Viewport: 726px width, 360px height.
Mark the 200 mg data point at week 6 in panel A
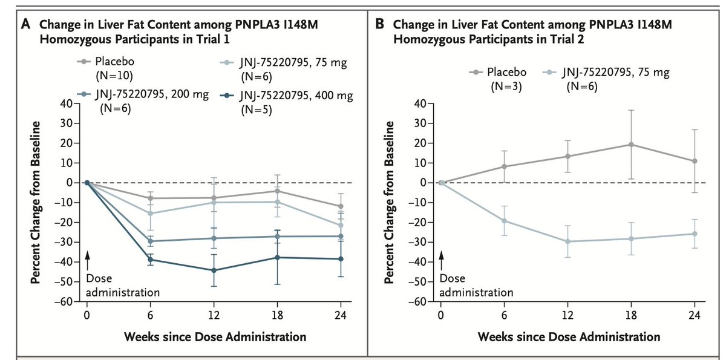[x=150, y=241]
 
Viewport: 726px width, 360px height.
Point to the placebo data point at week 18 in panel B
[x=631, y=145]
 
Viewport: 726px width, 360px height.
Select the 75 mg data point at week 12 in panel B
[x=567, y=241]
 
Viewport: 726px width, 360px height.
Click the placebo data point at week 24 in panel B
[x=695, y=161]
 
